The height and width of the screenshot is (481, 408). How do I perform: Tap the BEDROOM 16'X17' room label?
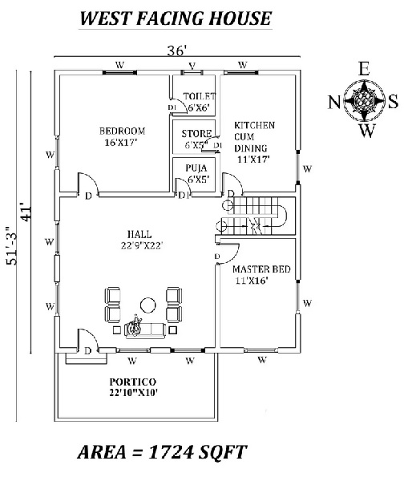pos(122,137)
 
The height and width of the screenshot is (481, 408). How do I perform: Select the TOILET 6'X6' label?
pos(198,102)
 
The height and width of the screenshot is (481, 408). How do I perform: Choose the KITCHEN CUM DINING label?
pos(255,142)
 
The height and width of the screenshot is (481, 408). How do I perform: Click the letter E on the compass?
pos(364,69)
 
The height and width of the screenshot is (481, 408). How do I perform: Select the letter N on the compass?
pos(334,101)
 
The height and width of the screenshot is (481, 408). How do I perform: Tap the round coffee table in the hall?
pos(148,304)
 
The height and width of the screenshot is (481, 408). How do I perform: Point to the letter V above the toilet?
pos(192,65)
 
